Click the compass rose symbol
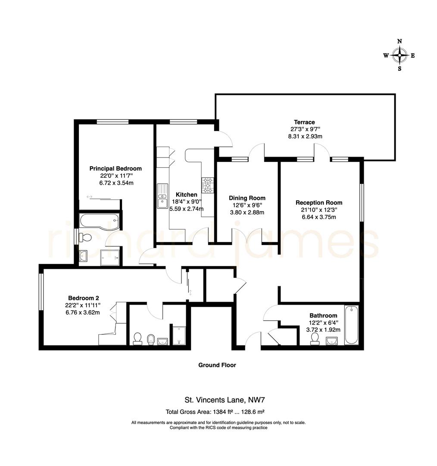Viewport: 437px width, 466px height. (x=400, y=55)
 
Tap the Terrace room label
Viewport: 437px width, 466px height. (x=304, y=122)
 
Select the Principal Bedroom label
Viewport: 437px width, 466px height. (x=115, y=169)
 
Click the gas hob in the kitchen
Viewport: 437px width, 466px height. (x=208, y=186)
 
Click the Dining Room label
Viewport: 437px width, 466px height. (x=247, y=198)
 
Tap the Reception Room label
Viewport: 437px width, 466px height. (x=318, y=202)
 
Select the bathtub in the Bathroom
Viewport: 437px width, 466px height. (x=351, y=325)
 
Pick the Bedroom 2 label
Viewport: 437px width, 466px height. (x=84, y=298)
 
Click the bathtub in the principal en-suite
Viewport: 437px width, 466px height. (x=98, y=221)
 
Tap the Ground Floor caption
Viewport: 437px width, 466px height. (x=217, y=365)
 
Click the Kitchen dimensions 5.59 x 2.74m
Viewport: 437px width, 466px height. (x=186, y=209)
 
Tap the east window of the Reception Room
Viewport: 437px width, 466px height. (x=361, y=203)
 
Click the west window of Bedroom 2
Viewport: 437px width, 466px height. (x=41, y=292)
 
